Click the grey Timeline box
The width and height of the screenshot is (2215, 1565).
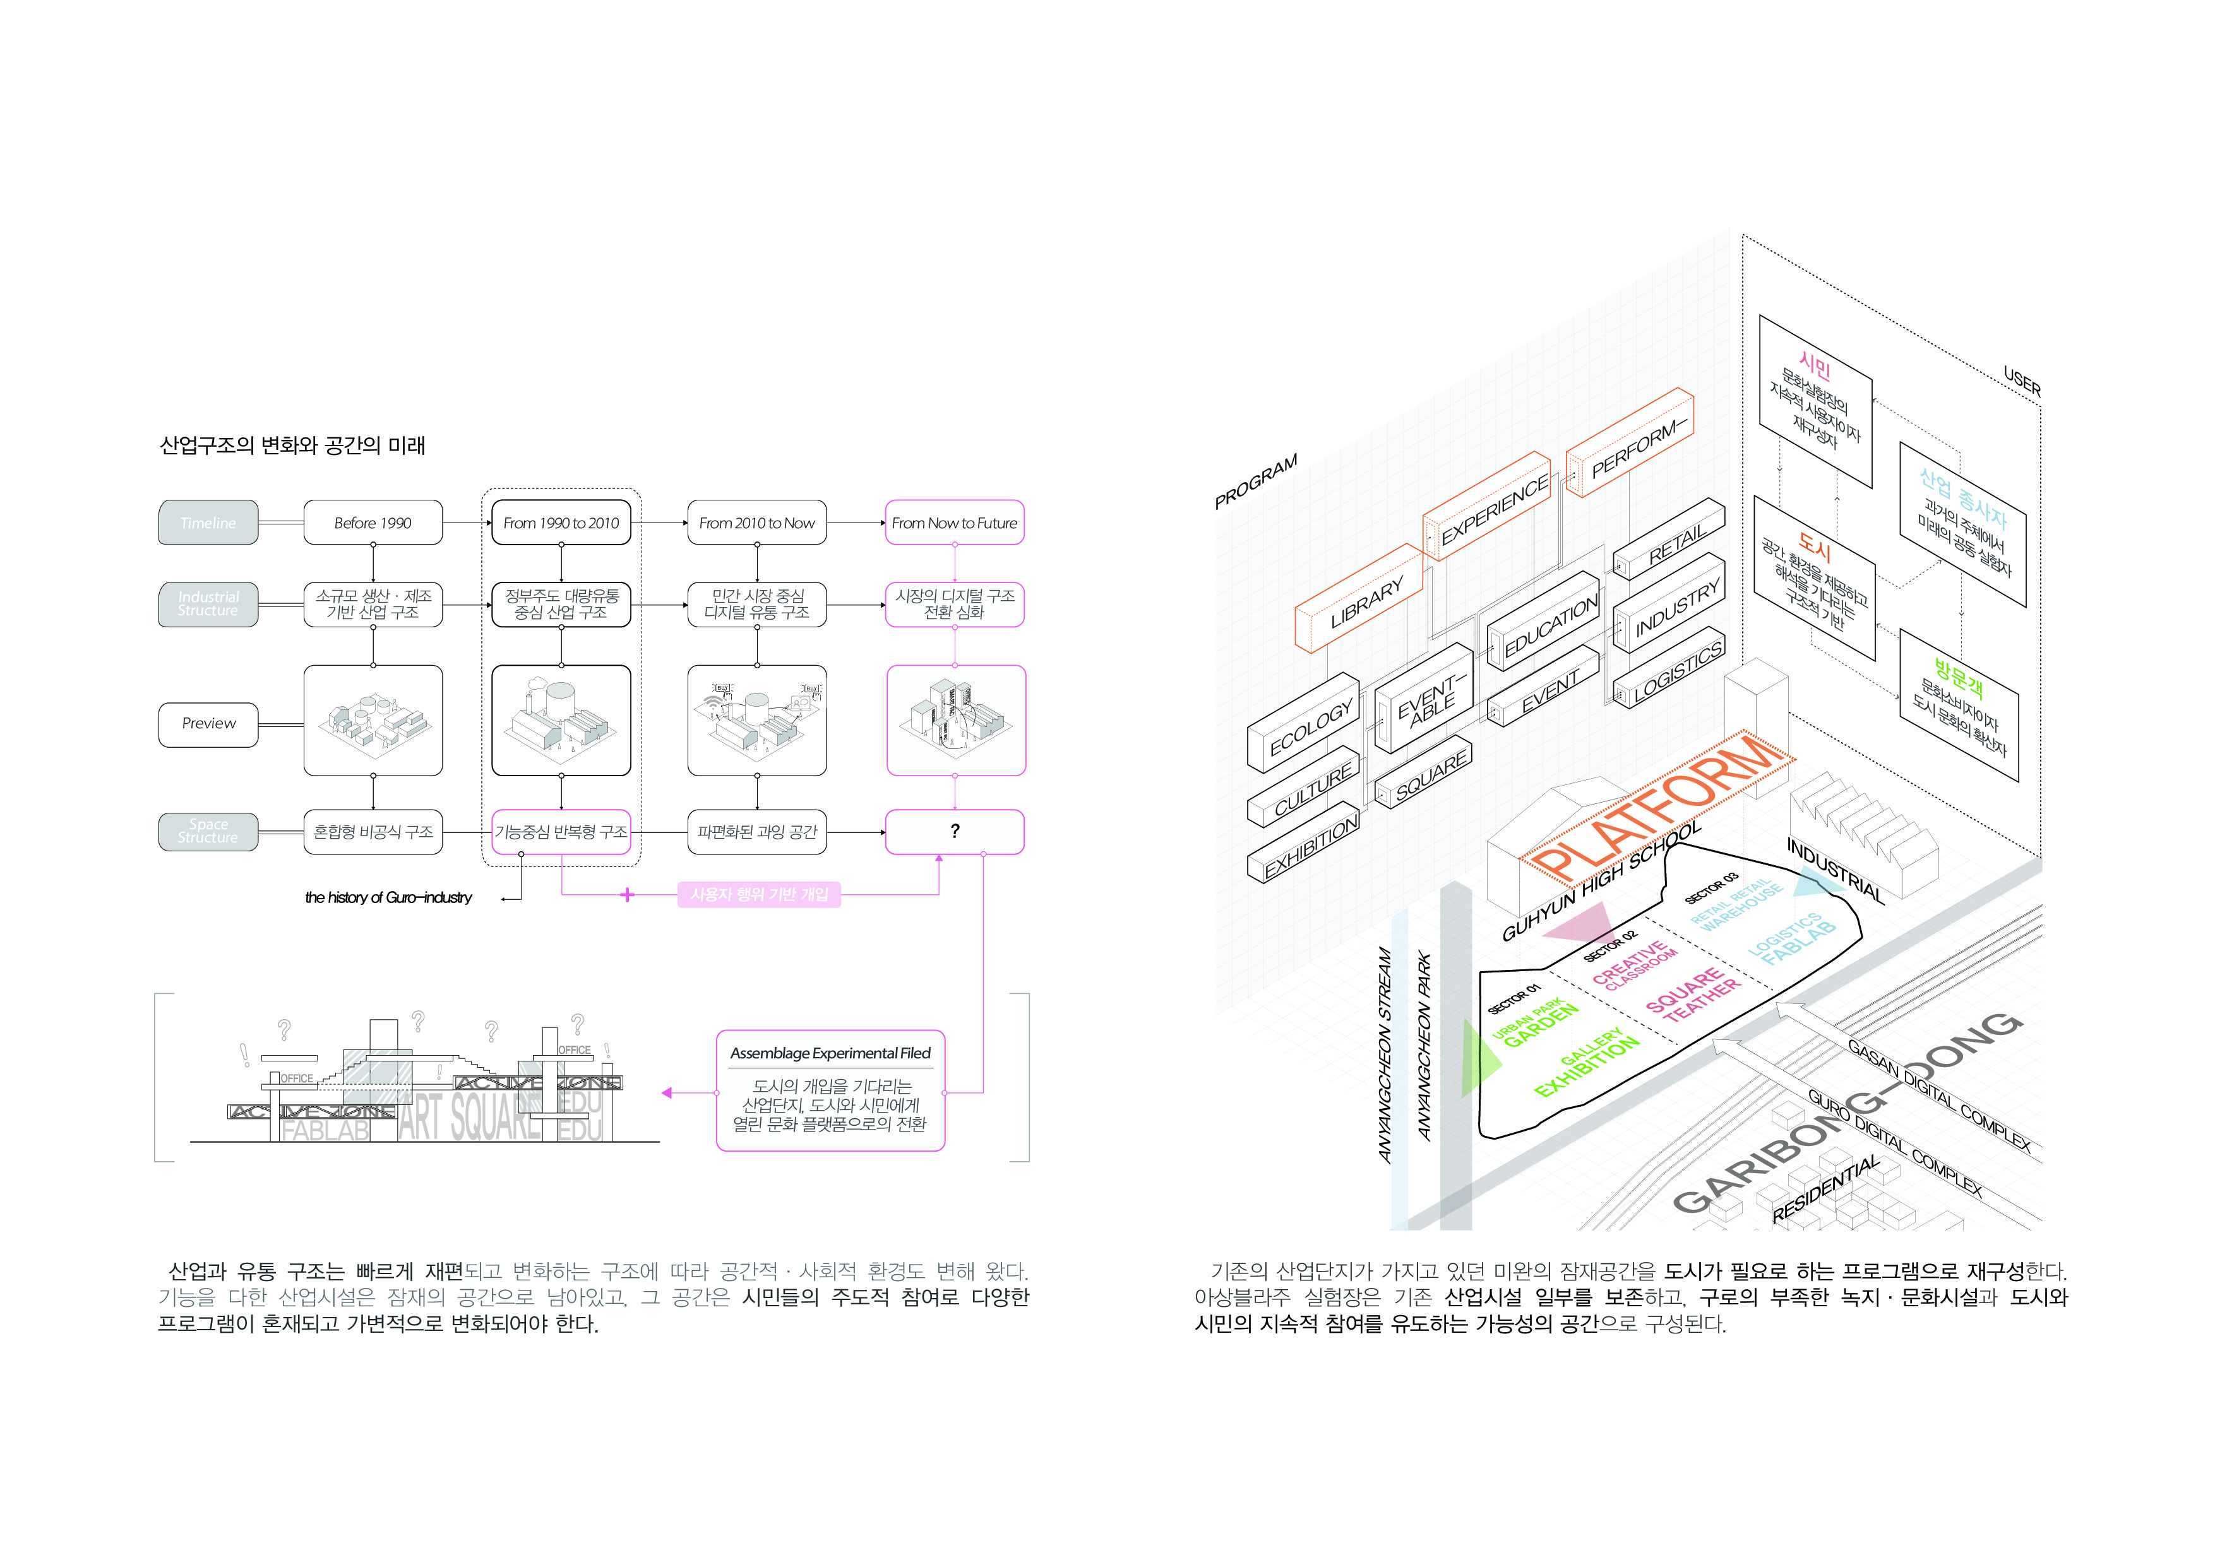tap(208, 523)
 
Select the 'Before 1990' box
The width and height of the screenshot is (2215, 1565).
tap(373, 523)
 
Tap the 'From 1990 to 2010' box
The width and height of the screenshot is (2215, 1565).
tap(561, 523)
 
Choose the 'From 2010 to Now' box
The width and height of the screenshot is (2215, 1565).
tap(756, 523)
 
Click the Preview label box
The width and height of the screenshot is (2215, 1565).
tap(208, 723)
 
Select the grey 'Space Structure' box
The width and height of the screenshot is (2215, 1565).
tap(208, 831)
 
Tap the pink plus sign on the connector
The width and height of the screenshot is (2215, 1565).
tap(627, 895)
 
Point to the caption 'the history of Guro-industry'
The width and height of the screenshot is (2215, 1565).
tap(389, 898)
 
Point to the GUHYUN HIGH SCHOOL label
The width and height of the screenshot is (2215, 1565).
tap(1601, 880)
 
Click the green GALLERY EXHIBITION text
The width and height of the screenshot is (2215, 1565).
tap(1587, 1061)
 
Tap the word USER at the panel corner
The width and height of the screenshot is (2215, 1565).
tap(2021, 382)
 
